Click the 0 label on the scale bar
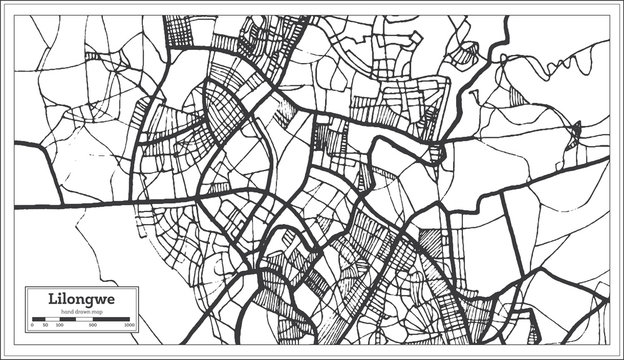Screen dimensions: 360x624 coord(32,326)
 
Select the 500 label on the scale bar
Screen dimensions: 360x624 coord(92,326)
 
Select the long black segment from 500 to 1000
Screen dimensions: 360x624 coord(112,320)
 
